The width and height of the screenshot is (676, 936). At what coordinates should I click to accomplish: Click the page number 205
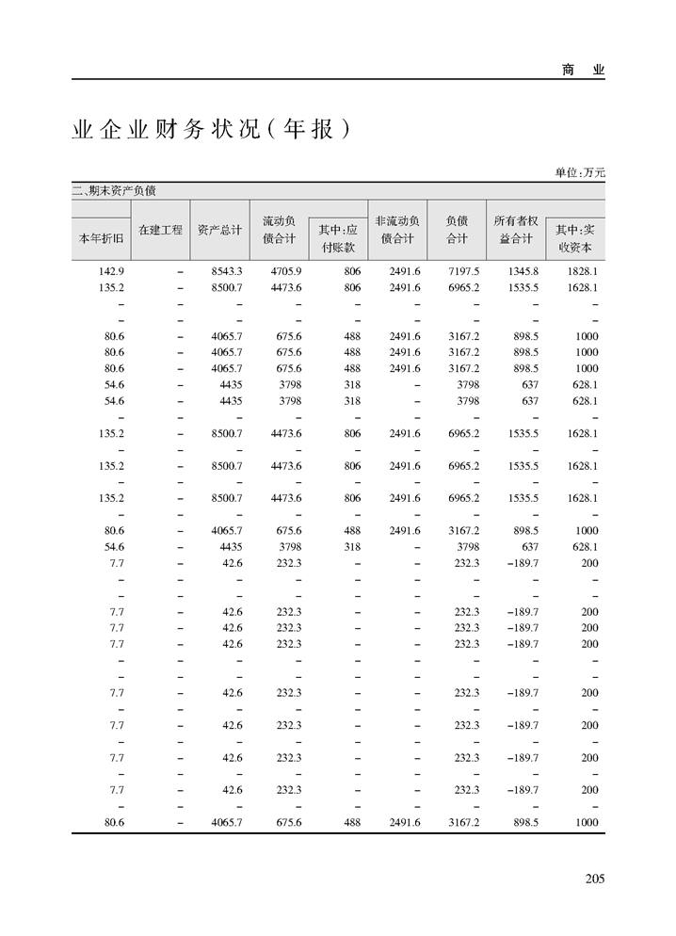pos(593,879)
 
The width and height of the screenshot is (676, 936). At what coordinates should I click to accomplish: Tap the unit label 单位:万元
pos(579,172)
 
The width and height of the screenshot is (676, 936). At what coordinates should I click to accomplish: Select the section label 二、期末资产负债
pos(114,190)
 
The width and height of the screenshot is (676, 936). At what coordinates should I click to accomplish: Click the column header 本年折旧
pos(101,238)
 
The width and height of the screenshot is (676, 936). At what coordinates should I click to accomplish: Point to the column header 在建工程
pos(160,230)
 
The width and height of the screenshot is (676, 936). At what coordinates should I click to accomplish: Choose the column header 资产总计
pos(220,230)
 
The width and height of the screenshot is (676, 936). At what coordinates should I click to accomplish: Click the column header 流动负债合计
pos(278,230)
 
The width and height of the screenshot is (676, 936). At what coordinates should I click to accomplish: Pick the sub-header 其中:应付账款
pos(337,238)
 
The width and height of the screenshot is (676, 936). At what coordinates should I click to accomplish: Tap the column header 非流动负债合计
pos(396,230)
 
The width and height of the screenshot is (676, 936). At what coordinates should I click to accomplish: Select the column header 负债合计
pos(457,230)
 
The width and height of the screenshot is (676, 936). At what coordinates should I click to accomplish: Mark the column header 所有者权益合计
pos(515,230)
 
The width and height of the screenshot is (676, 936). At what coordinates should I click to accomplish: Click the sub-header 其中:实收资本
pos(574,238)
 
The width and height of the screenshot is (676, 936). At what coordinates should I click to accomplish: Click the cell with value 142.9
pos(112,271)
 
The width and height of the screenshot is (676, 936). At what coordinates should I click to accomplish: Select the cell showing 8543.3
pos(227,271)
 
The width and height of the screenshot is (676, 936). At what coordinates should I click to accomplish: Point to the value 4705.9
pos(285,271)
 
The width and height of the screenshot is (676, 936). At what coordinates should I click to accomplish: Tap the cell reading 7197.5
pos(464,271)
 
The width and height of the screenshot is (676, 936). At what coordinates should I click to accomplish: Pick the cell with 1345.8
pos(523,271)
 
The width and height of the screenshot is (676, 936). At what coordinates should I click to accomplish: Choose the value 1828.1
pos(583,271)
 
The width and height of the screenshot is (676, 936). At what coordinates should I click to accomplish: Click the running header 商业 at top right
pos(583,70)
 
